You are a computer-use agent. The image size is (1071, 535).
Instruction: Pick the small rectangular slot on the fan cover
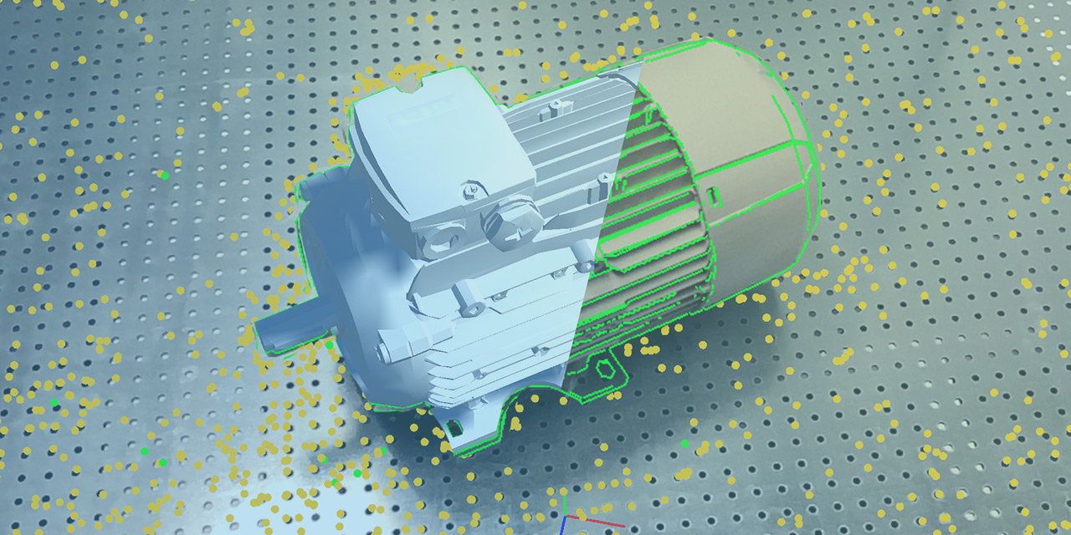tap(715, 197)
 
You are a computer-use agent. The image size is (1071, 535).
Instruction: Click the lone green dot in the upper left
tap(164, 176)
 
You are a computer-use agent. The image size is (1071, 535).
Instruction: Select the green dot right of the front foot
tap(685, 443)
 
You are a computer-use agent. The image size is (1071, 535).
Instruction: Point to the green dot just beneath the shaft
tap(329, 345)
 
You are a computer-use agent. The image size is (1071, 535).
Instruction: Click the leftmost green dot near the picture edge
tap(54, 403)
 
